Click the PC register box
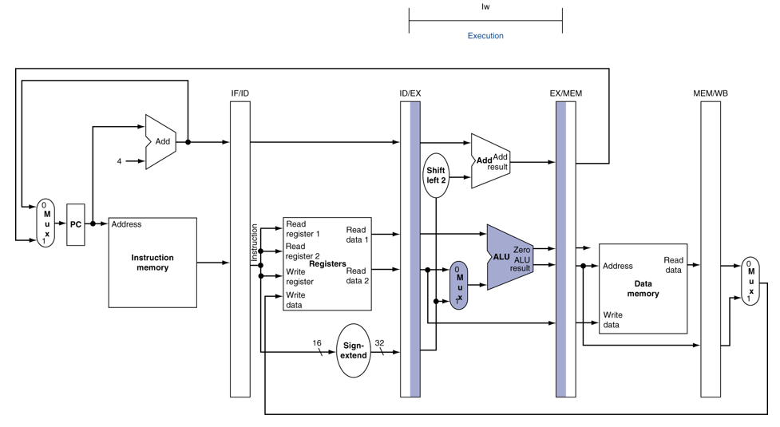(76, 224)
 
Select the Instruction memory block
(152, 263)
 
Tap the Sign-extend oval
(354, 350)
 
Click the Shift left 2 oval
(436, 176)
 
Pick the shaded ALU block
(509, 257)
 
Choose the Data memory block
(643, 288)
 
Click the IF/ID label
(240, 93)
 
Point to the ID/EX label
(410, 93)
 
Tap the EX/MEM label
(565, 93)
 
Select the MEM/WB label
(711, 93)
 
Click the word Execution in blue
(485, 36)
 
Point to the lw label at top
(485, 7)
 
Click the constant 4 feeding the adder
(120, 161)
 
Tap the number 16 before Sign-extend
(317, 343)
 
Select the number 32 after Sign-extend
(379, 343)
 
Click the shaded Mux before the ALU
(458, 285)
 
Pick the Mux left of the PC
(46, 223)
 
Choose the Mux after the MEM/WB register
(750, 281)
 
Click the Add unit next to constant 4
(160, 142)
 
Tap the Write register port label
(299, 277)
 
